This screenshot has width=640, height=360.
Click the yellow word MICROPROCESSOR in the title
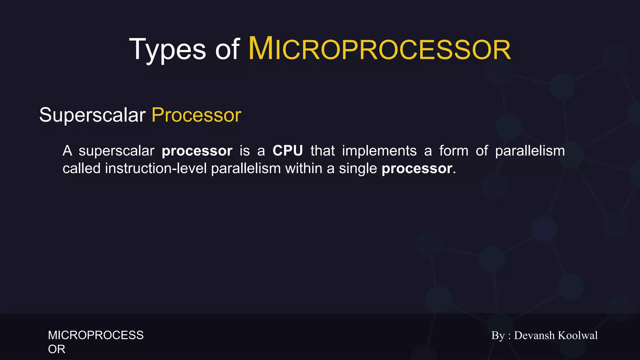379,49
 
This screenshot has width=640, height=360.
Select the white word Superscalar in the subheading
92,115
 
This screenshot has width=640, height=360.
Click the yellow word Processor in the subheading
196,115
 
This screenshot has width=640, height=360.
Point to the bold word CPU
287,151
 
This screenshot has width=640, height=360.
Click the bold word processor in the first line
197,151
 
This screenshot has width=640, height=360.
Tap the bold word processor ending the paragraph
417,169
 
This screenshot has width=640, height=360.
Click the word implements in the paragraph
379,151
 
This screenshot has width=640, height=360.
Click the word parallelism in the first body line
530,151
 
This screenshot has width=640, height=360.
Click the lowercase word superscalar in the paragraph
116,151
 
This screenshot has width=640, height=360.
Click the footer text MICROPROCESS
96,335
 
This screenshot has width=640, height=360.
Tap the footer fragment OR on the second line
57,349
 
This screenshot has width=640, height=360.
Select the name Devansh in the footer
534,335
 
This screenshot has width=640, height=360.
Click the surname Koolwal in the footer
577,335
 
